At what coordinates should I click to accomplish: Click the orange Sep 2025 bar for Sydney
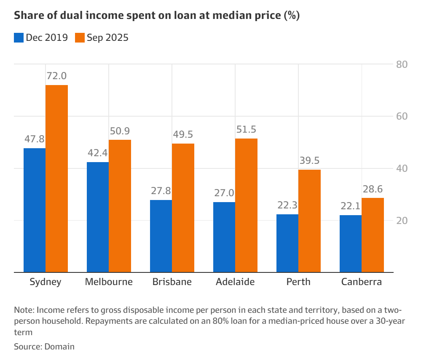pyautogui.click(x=56, y=179)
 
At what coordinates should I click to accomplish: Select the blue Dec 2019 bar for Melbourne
pyautogui.click(x=97, y=217)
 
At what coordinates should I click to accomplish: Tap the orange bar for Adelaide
pyautogui.click(x=246, y=205)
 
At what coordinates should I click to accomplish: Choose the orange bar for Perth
pyautogui.click(x=309, y=221)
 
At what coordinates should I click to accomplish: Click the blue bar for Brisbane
pyautogui.click(x=161, y=236)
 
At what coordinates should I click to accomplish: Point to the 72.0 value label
pyautogui.click(x=56, y=76)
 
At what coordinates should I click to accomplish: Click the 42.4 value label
pyautogui.click(x=98, y=153)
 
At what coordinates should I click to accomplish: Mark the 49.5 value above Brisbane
pyautogui.click(x=183, y=135)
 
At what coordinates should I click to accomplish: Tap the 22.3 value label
pyautogui.click(x=287, y=205)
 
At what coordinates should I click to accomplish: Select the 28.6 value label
pyautogui.click(x=373, y=189)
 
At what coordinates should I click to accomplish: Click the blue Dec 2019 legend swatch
pyautogui.click(x=19, y=37)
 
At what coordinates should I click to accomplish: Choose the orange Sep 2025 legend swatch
pyautogui.click(x=80, y=37)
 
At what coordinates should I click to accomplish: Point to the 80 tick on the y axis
pyautogui.click(x=401, y=64)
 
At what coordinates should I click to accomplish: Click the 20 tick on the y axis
pyautogui.click(x=401, y=221)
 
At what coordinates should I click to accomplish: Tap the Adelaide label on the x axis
pyautogui.click(x=235, y=282)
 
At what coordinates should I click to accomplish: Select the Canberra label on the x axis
pyautogui.click(x=362, y=282)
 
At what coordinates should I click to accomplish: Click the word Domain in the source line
pyautogui.click(x=59, y=347)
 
